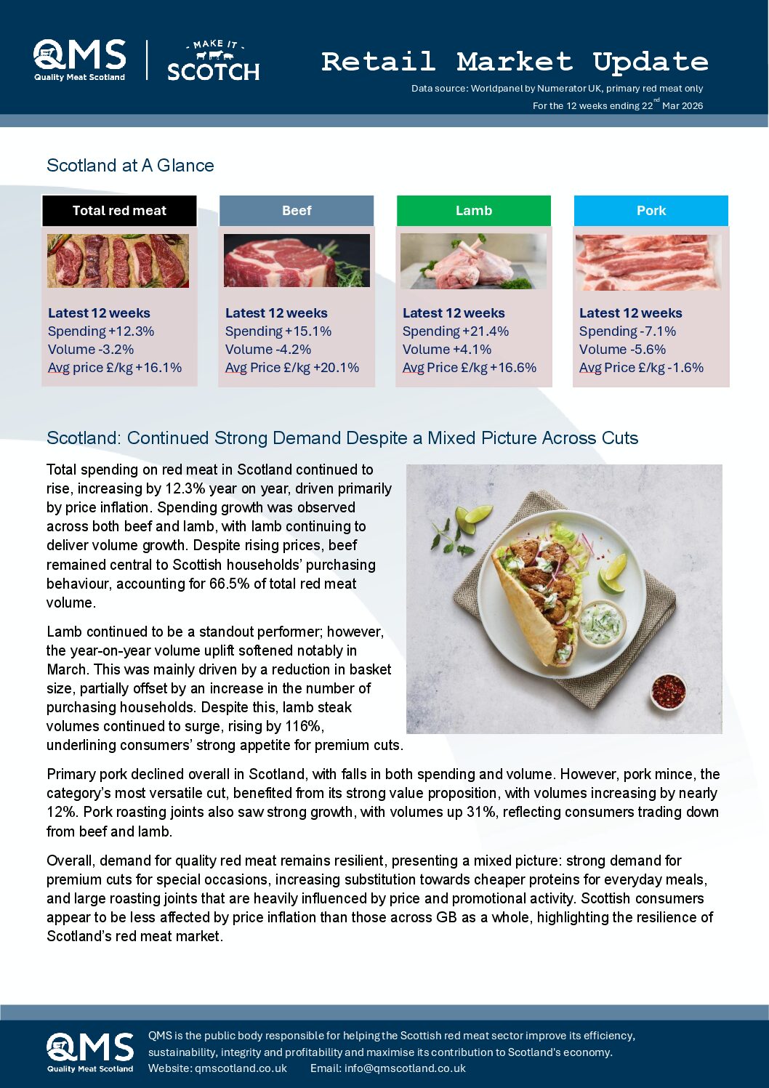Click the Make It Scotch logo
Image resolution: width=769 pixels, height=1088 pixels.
click(x=213, y=61)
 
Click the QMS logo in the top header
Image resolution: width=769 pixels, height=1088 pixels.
click(x=79, y=60)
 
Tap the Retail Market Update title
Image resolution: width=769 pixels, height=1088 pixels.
click(x=514, y=62)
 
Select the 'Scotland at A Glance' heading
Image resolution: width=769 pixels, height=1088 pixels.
click(x=130, y=166)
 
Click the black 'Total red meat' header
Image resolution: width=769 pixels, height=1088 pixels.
click(x=119, y=211)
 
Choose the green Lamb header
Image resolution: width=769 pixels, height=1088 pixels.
click(x=473, y=211)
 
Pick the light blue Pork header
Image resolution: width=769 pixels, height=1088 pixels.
click(x=651, y=211)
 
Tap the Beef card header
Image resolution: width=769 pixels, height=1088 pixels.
click(x=297, y=211)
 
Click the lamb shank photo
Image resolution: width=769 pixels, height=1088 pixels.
click(x=473, y=261)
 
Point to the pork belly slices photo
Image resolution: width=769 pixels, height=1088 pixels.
click(x=649, y=262)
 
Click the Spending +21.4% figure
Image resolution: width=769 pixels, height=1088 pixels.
click(x=456, y=331)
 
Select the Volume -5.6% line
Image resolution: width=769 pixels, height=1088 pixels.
click(x=622, y=350)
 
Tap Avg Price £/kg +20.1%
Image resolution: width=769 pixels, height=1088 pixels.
click(x=292, y=368)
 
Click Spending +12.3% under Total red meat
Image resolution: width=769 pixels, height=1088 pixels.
click(x=101, y=331)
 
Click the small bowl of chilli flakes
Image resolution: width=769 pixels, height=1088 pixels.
click(x=669, y=690)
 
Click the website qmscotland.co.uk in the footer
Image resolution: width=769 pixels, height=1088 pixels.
click(x=241, y=1068)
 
